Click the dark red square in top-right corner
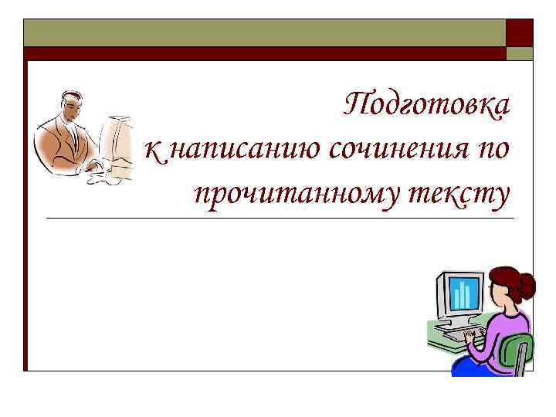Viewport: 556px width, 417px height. click(x=519, y=32)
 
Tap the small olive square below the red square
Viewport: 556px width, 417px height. click(x=519, y=53)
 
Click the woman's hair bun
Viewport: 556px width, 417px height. click(x=527, y=286)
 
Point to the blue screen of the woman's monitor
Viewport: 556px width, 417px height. click(x=464, y=294)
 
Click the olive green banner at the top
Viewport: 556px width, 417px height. click(x=263, y=32)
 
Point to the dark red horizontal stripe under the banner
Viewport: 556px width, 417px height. click(x=263, y=53)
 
